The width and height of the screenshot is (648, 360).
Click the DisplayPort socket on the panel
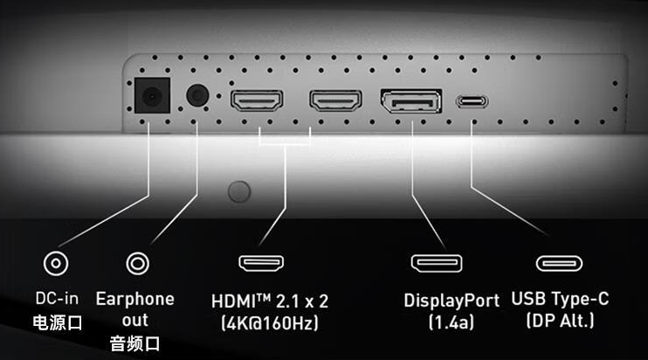tap(410, 100)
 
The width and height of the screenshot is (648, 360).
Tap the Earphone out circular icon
tap(137, 261)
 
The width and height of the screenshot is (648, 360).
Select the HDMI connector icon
tap(263, 261)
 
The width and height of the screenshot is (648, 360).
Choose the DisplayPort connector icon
tap(437, 261)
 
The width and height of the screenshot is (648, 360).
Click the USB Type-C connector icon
tap(560, 261)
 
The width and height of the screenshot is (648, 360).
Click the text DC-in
tap(57, 300)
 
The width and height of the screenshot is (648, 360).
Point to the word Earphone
tap(134, 299)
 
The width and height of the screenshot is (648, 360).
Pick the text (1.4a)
tap(451, 322)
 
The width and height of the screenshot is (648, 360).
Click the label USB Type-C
tap(560, 299)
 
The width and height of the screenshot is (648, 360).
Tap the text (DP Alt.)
tap(560, 321)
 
